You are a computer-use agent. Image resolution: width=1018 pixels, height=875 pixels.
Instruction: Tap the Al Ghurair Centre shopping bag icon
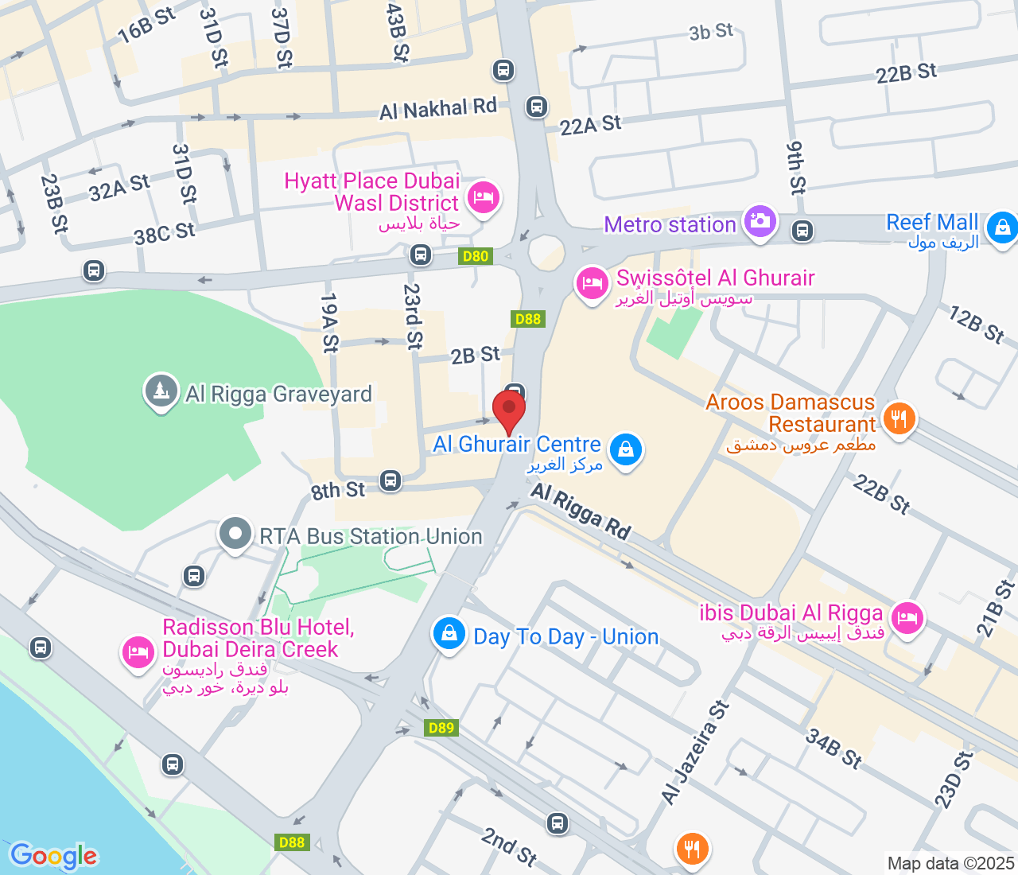pyautogui.click(x=626, y=449)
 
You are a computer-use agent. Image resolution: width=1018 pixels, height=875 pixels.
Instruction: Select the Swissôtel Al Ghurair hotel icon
pyautogui.click(x=593, y=282)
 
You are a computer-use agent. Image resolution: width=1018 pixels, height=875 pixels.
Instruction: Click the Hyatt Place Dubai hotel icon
pyautogui.click(x=484, y=196)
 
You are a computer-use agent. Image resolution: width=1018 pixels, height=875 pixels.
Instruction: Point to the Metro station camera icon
pyautogui.click(x=760, y=220)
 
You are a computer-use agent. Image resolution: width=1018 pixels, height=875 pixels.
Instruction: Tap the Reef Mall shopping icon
pyautogui.click(x=1002, y=228)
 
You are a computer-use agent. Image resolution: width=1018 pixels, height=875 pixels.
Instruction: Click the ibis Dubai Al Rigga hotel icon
pyautogui.click(x=907, y=616)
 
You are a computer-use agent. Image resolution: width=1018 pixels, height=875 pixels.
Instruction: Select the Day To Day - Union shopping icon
pyautogui.click(x=449, y=634)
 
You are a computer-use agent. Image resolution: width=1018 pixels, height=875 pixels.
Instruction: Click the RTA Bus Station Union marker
pyautogui.click(x=235, y=534)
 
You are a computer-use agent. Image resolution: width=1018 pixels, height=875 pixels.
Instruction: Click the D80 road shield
pyautogui.click(x=476, y=256)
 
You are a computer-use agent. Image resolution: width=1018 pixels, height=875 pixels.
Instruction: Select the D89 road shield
pyautogui.click(x=441, y=728)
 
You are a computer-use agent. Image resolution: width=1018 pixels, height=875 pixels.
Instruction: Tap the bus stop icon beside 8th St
pyautogui.click(x=390, y=480)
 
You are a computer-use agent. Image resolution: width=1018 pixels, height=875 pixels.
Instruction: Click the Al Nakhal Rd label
pyautogui.click(x=438, y=109)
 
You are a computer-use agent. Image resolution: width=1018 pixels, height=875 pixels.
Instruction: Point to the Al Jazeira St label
pyautogui.click(x=695, y=752)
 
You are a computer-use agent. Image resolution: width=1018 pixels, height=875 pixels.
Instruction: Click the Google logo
pyautogui.click(x=53, y=856)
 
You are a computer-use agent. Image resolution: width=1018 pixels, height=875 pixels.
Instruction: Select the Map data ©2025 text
pyautogui.click(x=950, y=863)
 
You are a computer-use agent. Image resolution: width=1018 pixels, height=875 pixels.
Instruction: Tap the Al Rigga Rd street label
pyautogui.click(x=581, y=511)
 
